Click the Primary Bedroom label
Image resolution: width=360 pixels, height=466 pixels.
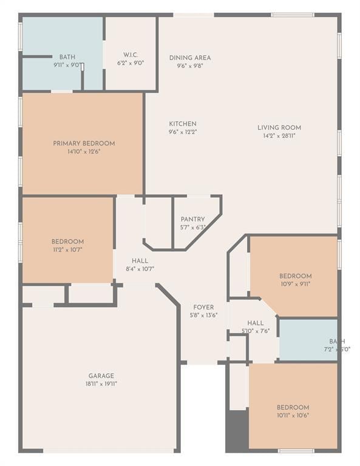coord(83,144)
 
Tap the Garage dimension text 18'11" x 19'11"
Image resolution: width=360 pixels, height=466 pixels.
coord(101,383)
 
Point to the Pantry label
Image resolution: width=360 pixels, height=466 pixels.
coord(192,220)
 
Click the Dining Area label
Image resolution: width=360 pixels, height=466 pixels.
coord(189,58)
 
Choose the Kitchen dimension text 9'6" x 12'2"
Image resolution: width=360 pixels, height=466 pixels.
coord(182,132)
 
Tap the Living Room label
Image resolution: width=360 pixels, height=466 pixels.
coord(279,127)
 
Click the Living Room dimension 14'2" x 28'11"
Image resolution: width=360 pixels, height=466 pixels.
coord(279,135)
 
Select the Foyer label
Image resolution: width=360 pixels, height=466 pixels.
coord(203,308)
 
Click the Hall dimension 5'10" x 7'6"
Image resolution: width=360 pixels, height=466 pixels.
coord(256,331)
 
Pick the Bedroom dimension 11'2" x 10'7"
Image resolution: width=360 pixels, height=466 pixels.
coord(67,249)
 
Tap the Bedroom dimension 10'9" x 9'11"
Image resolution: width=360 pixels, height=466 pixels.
coord(295,283)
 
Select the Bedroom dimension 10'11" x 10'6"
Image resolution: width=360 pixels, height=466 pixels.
coord(293,415)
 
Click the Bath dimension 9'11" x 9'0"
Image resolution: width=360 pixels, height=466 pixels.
coord(67,64)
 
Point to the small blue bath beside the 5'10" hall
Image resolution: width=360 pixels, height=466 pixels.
coord(307,340)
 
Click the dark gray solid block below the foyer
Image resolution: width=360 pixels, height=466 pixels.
coord(237,431)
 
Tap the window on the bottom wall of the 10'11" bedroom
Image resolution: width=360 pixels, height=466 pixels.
coord(296,451)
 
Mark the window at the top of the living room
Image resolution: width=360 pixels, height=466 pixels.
coord(293,15)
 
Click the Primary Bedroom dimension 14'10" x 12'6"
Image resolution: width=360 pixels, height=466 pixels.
coord(83,152)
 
